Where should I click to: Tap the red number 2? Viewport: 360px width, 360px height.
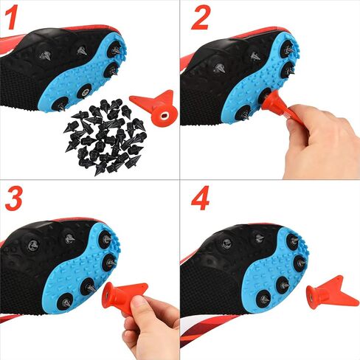click(x=201, y=17)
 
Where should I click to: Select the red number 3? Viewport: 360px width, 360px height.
click(x=14, y=198)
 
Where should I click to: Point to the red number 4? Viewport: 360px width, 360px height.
click(x=201, y=198)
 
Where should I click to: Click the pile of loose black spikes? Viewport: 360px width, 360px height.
click(x=105, y=136)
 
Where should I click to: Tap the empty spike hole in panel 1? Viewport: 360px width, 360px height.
click(x=85, y=92)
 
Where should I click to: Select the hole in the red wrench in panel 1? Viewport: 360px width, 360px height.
click(x=165, y=115)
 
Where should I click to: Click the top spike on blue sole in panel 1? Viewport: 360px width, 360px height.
click(x=117, y=50)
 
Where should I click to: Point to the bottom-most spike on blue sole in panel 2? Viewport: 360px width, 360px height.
click(x=244, y=114)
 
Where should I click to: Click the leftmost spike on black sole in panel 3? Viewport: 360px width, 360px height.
click(x=33, y=245)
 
